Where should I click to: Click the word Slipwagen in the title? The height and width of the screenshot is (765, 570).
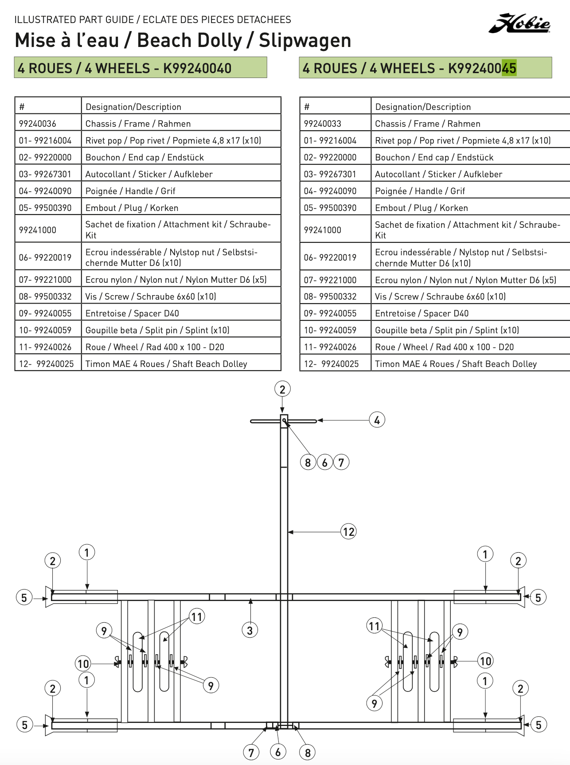(x=305, y=40)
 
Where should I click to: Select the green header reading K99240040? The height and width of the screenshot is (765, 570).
(x=141, y=68)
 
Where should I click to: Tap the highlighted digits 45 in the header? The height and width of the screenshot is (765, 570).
(x=509, y=68)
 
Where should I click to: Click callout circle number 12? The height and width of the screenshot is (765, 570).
(x=348, y=531)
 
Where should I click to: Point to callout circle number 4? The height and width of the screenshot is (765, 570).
(x=377, y=420)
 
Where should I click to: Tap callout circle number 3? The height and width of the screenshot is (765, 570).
(x=250, y=630)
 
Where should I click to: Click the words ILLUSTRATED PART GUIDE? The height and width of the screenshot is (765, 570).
(x=74, y=20)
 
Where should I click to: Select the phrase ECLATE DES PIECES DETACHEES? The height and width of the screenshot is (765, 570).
(x=217, y=20)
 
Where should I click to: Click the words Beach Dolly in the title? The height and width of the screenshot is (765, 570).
(x=190, y=40)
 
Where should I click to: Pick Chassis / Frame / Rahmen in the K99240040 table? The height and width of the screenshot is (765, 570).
(x=138, y=124)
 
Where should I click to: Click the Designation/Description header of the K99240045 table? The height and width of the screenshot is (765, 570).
(x=423, y=107)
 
